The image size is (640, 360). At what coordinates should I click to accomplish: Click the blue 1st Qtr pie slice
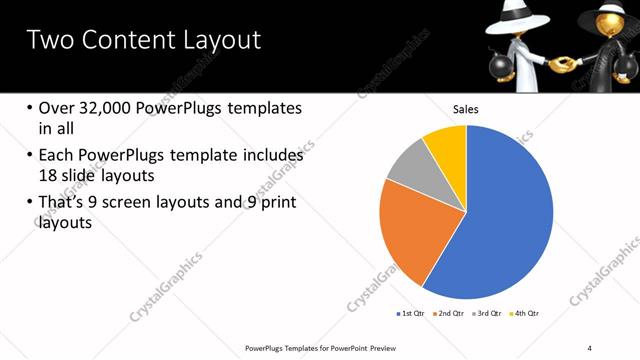click(500, 215)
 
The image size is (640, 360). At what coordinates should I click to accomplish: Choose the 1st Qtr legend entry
click(410, 314)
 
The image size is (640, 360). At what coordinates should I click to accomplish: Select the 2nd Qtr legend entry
click(449, 314)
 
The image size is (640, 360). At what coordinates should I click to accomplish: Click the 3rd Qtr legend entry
click(487, 314)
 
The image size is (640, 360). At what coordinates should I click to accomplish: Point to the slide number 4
click(590, 347)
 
